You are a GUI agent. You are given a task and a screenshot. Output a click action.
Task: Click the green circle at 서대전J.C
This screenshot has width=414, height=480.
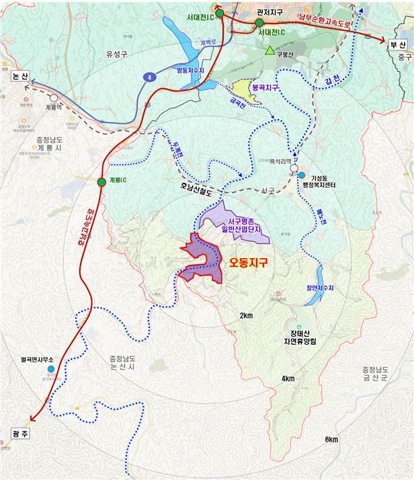(219, 13)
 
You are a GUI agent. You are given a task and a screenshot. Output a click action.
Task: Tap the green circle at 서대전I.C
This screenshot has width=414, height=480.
(259, 23)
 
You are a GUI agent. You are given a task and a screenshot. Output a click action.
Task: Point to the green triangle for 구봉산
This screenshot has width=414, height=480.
(270, 50)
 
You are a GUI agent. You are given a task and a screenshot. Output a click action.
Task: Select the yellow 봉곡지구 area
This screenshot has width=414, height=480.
(242, 91)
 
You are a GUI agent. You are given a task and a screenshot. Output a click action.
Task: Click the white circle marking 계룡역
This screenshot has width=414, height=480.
(53, 98)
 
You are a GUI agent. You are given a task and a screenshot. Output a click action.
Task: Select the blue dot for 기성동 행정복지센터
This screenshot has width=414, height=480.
(292, 175)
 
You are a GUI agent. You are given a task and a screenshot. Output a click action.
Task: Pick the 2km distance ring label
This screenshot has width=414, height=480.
(246, 315)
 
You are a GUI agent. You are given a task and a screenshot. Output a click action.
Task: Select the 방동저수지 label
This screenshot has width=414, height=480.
(190, 71)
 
